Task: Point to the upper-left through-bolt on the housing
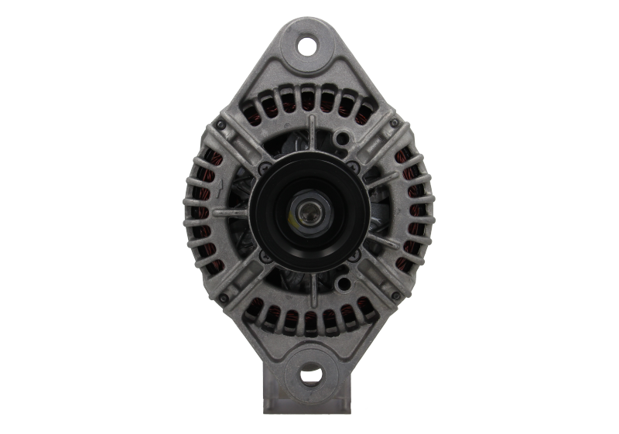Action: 222,123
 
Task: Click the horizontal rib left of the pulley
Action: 232,210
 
